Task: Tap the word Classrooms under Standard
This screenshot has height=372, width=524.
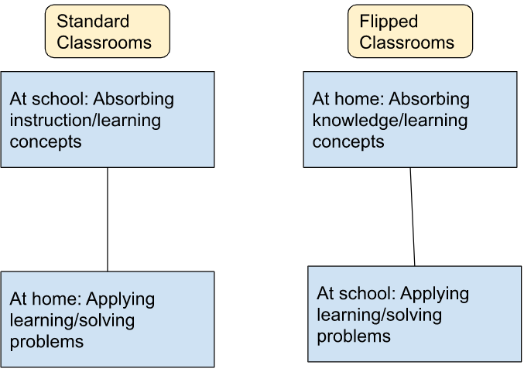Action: click(104, 42)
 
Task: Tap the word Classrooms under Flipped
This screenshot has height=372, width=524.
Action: click(407, 42)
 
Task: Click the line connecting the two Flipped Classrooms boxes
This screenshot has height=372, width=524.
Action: click(412, 217)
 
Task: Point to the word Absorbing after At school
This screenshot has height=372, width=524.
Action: click(135, 100)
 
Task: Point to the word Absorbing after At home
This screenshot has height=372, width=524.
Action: click(430, 100)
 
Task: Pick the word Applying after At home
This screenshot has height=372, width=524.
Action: click(121, 299)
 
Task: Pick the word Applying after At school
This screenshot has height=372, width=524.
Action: click(435, 294)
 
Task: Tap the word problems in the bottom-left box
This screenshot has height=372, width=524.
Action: click(46, 341)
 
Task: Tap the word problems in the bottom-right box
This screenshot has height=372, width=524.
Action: click(354, 336)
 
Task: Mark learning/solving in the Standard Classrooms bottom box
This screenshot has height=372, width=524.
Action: click(72, 320)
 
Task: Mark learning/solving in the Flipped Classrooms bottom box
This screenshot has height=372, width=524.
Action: click(379, 316)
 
